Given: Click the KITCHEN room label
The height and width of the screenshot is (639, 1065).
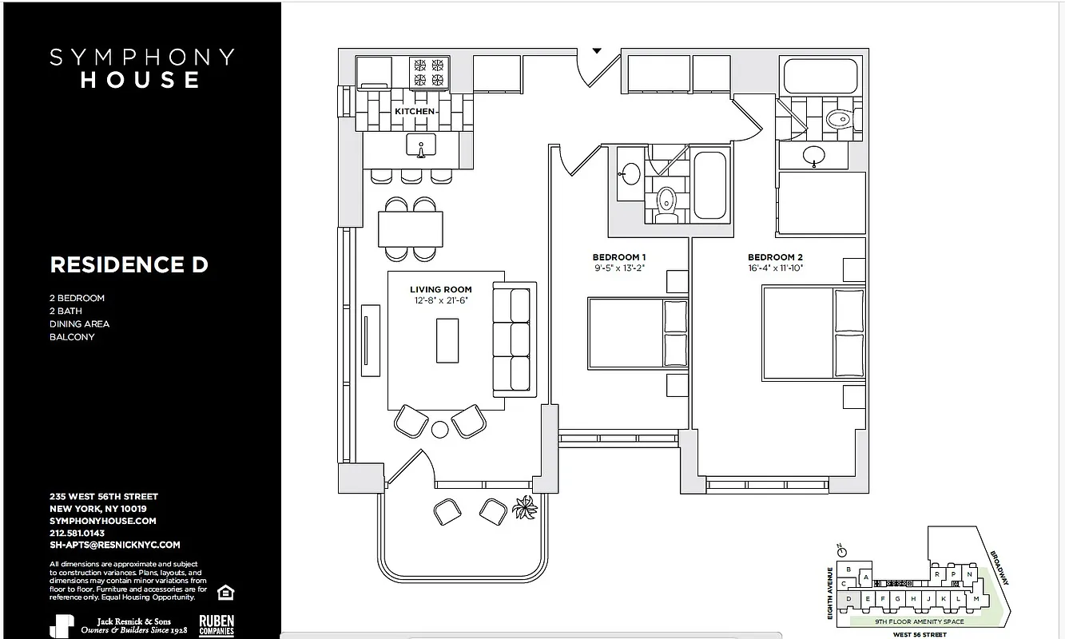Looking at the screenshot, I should click(415, 112).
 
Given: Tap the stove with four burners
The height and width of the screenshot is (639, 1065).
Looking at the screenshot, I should click(429, 73).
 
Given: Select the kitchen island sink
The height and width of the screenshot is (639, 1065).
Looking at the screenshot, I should click(420, 146).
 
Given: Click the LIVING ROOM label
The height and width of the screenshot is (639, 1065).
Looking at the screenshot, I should click(441, 290).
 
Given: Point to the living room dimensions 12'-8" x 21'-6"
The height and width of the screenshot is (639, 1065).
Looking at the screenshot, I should click(441, 301).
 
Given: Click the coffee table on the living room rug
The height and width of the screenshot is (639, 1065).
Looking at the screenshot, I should click(447, 341).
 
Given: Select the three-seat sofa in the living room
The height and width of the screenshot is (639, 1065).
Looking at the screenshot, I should click(515, 339).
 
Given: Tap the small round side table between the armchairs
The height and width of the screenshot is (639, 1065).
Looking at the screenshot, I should click(440, 430).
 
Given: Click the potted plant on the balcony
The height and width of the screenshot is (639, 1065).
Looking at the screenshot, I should click(526, 506).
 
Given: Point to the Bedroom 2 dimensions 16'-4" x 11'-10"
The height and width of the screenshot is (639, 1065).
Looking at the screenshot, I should click(775, 268).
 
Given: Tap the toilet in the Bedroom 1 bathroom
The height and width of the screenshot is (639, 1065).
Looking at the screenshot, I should click(666, 204).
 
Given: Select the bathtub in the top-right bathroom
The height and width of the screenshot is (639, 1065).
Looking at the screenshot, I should click(821, 76).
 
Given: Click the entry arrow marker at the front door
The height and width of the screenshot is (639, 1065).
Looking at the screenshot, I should click(596, 51).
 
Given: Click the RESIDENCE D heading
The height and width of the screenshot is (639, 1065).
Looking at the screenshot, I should click(129, 265).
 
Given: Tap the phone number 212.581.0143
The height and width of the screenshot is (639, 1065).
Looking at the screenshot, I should click(77, 533).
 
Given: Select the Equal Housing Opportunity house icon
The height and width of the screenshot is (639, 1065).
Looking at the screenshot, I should click(225, 592).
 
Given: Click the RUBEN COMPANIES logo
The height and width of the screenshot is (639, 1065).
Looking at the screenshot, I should click(216, 625).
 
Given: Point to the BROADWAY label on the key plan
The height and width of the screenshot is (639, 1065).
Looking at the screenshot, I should click(999, 567).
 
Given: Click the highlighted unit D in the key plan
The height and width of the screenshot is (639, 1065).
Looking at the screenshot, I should click(848, 598).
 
